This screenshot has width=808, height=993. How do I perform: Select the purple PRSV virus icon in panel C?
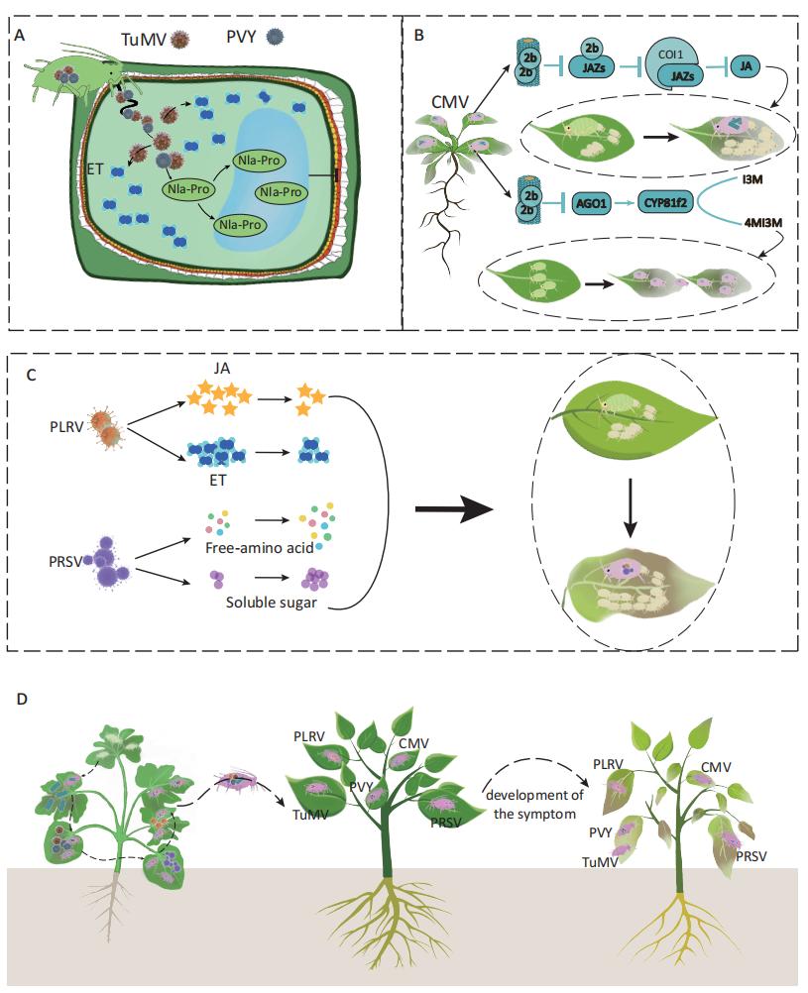coord(112,565)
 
